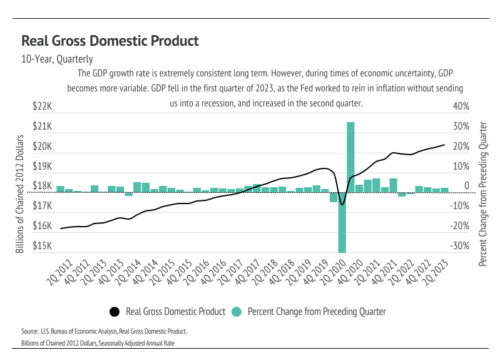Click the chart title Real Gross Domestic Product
[110, 41]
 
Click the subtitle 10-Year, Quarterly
[57, 60]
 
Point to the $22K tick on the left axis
[43, 106]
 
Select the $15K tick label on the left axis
[43, 246]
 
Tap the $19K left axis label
[43, 167]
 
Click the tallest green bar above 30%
[351, 157]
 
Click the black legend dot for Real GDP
[115, 311]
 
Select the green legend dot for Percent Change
[237, 311]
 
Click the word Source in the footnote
[29, 331]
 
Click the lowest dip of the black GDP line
[342, 204]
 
